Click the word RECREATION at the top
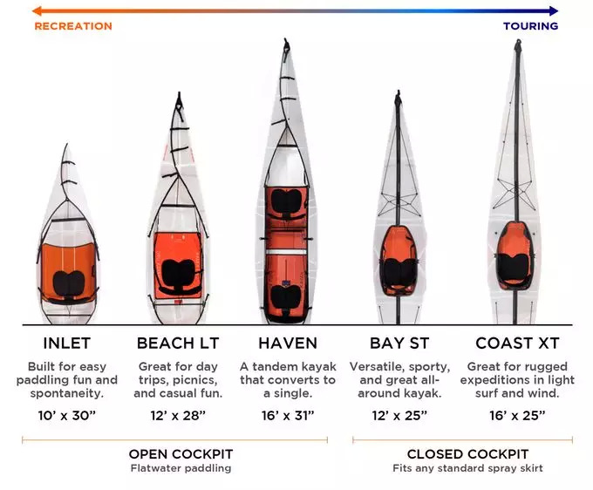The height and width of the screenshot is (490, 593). click(x=73, y=26)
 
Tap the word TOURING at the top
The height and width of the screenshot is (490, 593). click(x=530, y=26)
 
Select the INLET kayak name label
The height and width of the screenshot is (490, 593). click(x=66, y=343)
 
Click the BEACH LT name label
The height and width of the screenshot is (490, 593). click(x=177, y=343)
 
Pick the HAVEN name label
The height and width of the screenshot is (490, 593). click(x=288, y=343)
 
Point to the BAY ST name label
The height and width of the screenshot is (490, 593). click(x=399, y=343)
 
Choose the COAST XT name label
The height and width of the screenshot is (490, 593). click(x=516, y=343)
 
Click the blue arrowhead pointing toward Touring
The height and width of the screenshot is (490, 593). click(x=554, y=10)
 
